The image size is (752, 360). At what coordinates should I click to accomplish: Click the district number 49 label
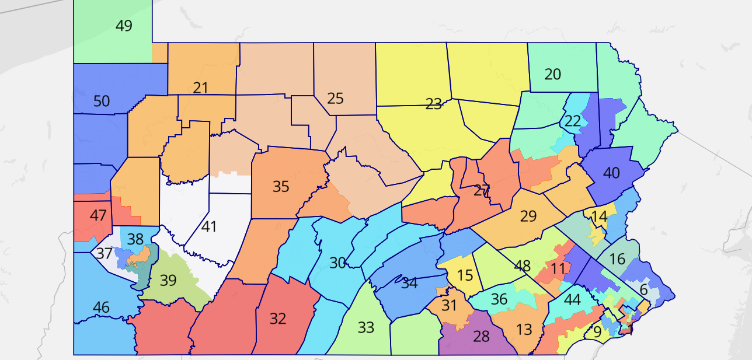point(124,26)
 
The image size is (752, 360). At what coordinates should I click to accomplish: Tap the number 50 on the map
point(102,102)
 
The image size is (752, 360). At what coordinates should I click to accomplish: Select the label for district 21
point(200,88)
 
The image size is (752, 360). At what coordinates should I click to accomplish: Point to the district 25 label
point(335,99)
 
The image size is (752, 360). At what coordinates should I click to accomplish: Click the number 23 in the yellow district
point(434,104)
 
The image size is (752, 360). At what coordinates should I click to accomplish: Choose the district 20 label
point(552,75)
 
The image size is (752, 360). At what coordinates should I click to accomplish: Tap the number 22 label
point(573,121)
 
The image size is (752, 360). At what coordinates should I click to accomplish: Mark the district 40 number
point(611,173)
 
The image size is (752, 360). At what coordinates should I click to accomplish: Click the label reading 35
point(281,187)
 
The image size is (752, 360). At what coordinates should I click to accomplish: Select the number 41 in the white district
point(209,226)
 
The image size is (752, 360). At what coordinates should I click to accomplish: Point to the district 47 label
point(98,215)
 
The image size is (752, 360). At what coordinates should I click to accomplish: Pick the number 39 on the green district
point(168,281)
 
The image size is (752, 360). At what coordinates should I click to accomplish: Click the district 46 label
point(101,307)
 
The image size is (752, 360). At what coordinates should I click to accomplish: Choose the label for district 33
point(365,327)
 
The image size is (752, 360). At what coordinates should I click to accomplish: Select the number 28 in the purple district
point(481,337)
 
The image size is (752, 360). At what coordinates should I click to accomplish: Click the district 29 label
point(528,216)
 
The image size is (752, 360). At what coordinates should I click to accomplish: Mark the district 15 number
point(465,275)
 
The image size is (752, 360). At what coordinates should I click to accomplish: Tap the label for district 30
point(337,263)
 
